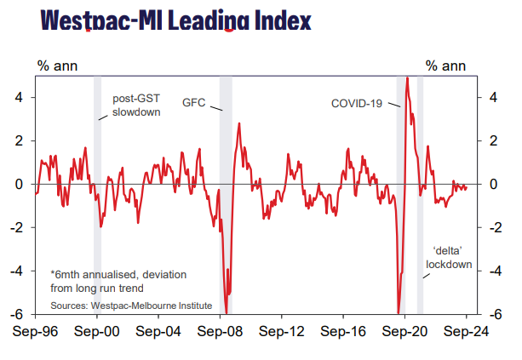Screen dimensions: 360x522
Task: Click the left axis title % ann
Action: [54, 65]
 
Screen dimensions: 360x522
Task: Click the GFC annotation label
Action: [195, 101]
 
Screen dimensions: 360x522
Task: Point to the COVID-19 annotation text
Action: [357, 103]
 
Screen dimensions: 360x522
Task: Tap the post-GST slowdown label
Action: [136, 104]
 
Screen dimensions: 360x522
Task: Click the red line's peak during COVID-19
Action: [408, 78]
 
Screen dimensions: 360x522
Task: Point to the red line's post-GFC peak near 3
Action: [239, 123]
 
